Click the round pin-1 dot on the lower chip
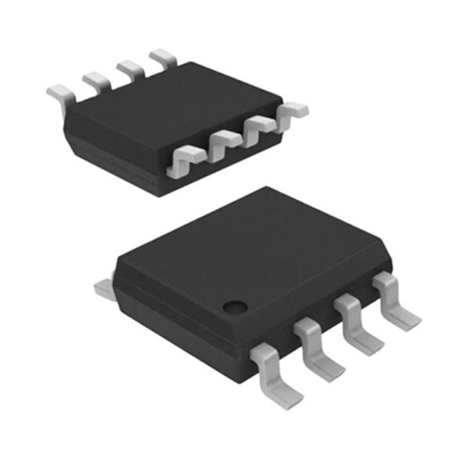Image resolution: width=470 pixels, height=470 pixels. pos(233,305)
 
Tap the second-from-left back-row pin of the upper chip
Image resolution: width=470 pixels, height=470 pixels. pos(96,81)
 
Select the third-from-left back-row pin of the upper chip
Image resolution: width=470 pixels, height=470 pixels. pos(129,68)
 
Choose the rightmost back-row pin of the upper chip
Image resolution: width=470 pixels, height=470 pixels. pos(162,56)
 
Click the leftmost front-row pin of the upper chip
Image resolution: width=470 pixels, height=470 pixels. pos(186,157)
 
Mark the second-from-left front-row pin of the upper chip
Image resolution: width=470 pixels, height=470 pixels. pos(223,142)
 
